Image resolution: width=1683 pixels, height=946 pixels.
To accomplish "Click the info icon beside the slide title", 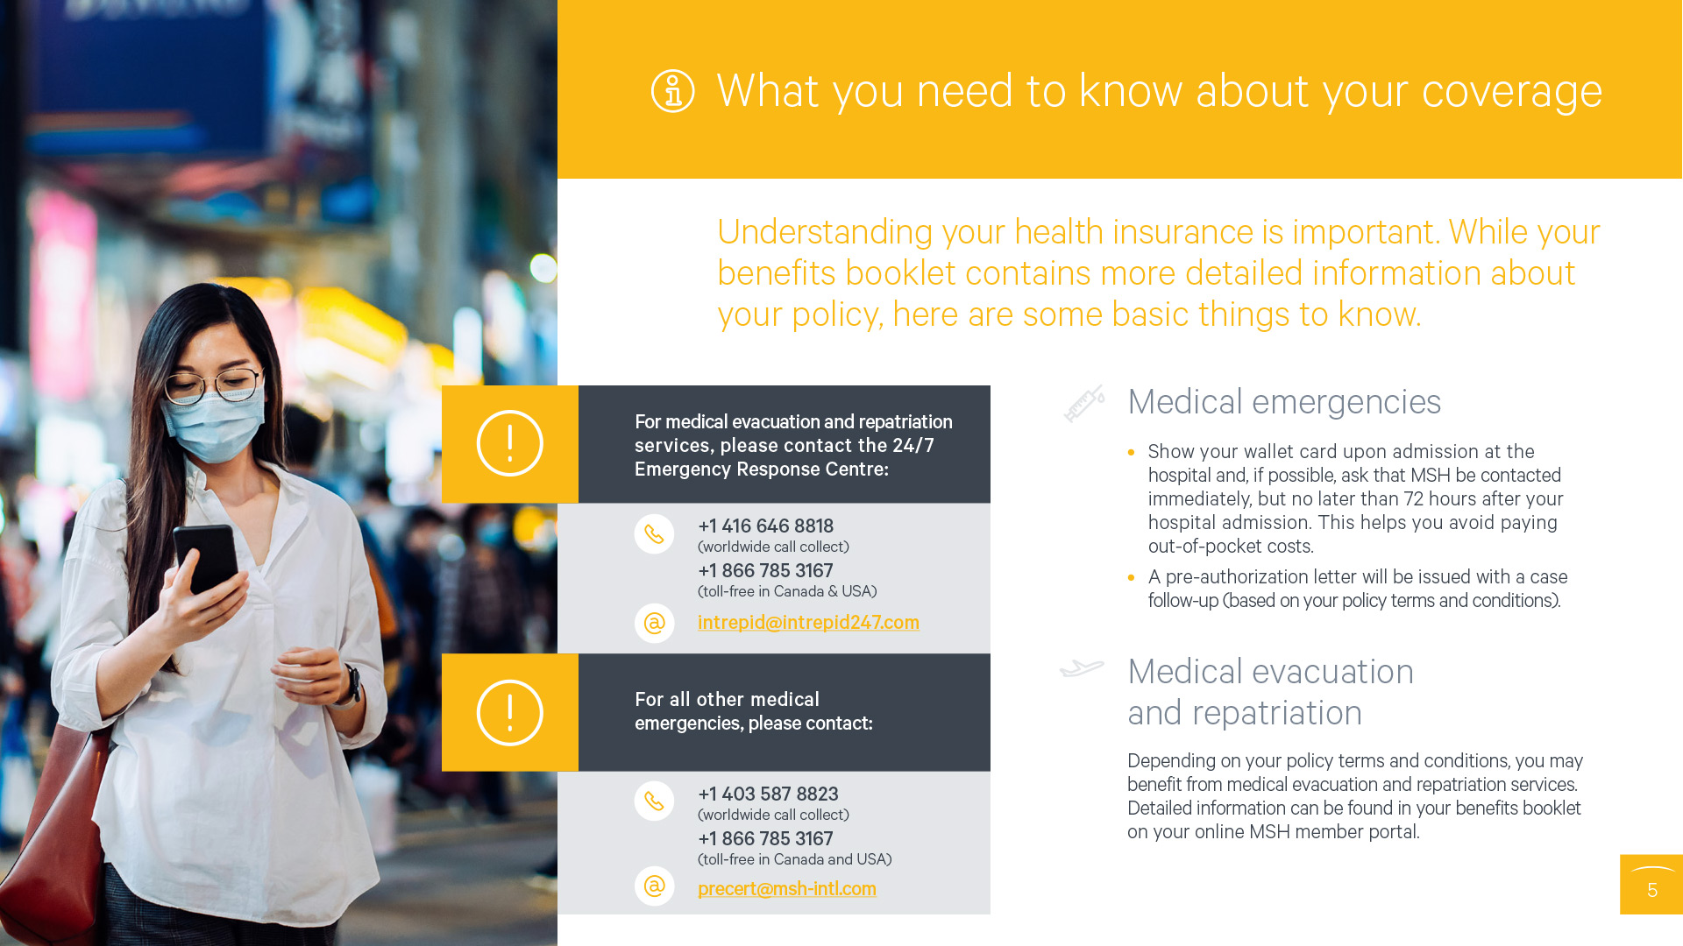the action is [x=672, y=91].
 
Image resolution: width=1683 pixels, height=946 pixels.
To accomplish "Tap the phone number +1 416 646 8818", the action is [x=765, y=526].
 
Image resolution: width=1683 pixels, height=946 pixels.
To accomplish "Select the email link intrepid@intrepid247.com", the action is [x=808, y=622].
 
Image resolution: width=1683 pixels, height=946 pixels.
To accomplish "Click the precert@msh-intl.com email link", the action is [x=786, y=888].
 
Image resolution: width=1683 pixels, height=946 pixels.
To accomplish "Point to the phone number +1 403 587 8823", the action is [x=768, y=794].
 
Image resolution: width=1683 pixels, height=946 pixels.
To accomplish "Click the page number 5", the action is [x=1652, y=891].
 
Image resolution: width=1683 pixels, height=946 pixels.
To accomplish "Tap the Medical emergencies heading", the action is [x=1284, y=402].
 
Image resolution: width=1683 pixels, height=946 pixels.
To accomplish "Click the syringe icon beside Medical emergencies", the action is [x=1084, y=404].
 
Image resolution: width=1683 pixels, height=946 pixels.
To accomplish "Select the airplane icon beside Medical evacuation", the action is [x=1082, y=668].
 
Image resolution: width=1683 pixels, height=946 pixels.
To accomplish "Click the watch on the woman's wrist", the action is [x=351, y=684].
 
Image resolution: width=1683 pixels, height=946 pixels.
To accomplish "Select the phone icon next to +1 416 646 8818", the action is [x=654, y=533].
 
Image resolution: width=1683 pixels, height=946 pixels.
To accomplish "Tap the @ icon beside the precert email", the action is [x=654, y=886].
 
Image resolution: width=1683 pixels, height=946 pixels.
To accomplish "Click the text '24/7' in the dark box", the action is [x=913, y=445].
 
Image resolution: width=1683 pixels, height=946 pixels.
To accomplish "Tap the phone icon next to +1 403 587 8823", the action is [x=654, y=801].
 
